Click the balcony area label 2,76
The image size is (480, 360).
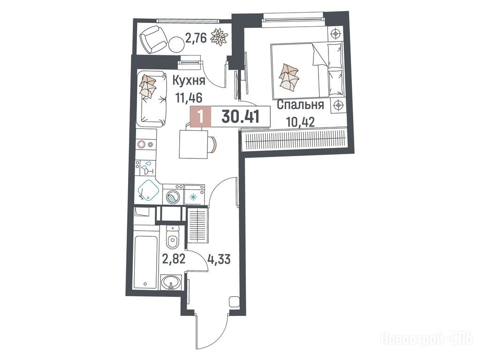point(196,38)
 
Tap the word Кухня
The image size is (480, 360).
point(189,81)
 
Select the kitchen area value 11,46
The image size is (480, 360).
point(189,98)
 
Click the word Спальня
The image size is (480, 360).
point(300,105)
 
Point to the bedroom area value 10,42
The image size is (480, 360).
point(301,122)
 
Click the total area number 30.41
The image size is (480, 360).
point(241,116)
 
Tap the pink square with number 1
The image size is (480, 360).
point(201,116)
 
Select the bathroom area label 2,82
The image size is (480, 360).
point(174,259)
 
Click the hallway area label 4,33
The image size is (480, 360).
point(219,260)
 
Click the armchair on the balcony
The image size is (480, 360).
point(153,39)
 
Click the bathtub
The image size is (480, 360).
point(146,261)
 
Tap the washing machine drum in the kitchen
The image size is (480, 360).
point(172,196)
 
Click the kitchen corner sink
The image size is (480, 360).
point(148,191)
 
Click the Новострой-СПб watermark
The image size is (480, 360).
point(427,339)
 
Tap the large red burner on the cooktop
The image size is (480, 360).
point(141,144)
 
